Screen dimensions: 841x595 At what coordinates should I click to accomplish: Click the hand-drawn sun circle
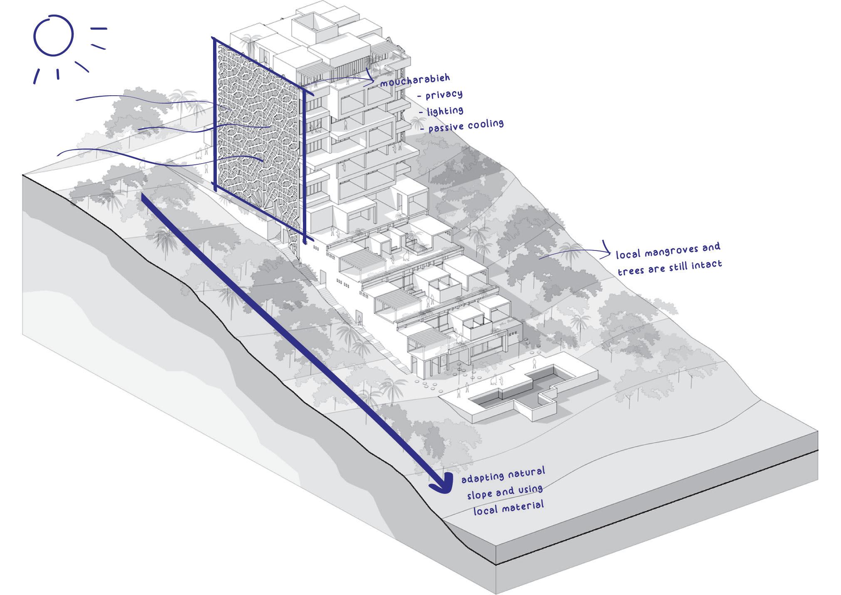[53, 36]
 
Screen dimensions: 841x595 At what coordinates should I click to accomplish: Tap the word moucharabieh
[415, 80]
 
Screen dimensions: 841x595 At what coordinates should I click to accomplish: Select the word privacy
[444, 95]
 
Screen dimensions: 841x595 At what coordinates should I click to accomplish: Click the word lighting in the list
[445, 111]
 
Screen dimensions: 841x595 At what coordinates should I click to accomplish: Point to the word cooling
[485, 124]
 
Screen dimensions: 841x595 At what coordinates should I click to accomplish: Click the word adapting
[482, 477]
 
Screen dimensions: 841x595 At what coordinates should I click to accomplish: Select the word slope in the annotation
[480, 494]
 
